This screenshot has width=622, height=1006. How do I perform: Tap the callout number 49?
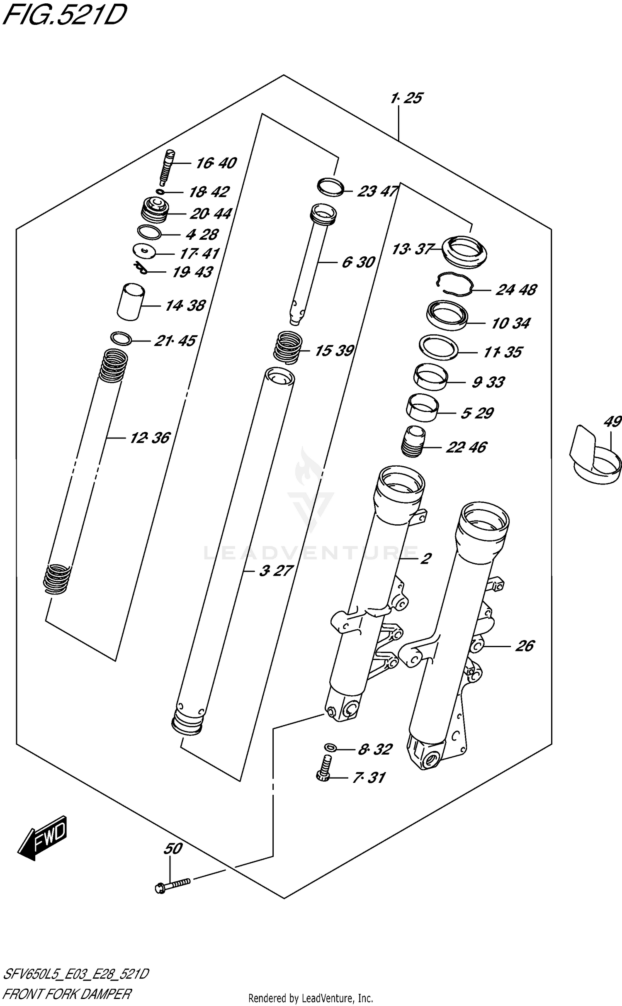tap(612, 421)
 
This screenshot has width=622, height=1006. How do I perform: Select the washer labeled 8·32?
tap(330, 748)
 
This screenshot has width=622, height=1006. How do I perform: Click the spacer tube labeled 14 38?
tap(130, 302)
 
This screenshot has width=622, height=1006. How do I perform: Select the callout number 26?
tap(525, 646)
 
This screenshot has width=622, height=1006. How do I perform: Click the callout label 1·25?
tap(406, 98)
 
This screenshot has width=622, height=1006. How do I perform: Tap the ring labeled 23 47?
tap(330, 186)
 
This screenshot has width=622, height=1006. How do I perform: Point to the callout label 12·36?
tap(150, 438)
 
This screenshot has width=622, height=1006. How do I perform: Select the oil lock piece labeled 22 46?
tap(413, 442)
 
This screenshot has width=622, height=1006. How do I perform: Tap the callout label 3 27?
tap(276, 570)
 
